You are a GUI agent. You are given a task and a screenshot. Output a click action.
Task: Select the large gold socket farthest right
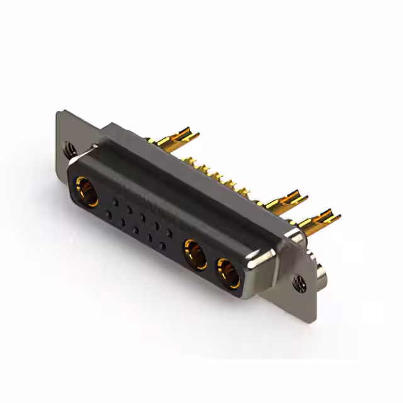pos(227,271)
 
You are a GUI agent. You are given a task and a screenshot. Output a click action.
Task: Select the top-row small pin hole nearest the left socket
pos(115,201)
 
